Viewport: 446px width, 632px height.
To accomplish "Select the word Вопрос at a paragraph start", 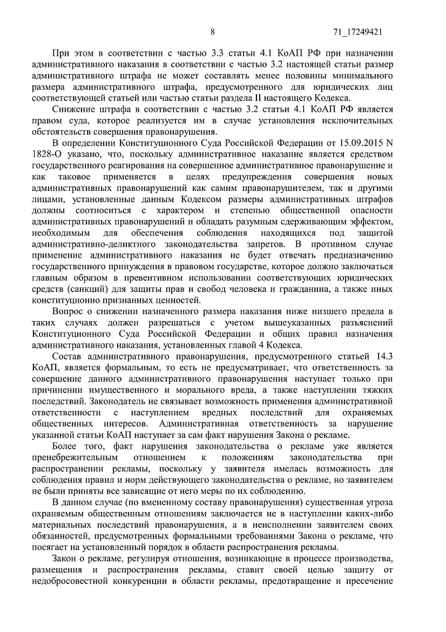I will click(x=67, y=311).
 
